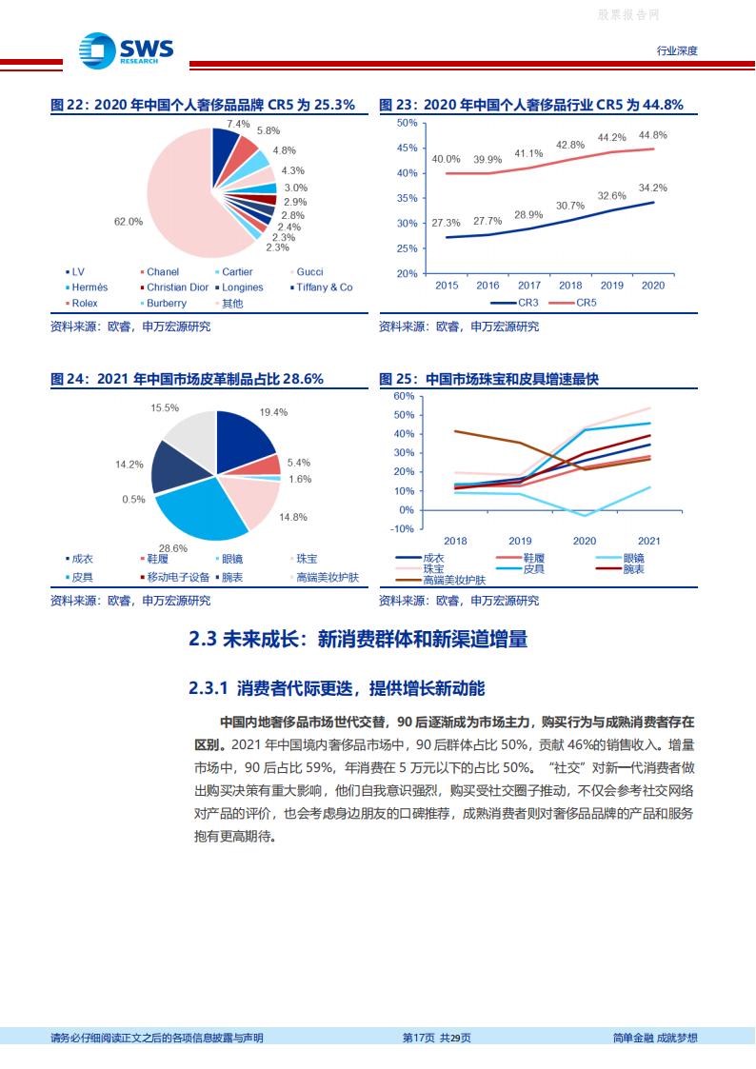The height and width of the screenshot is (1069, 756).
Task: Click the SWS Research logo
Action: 126,49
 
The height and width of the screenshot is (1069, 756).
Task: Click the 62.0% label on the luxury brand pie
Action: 128,221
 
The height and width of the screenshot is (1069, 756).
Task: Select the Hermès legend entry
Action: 90,287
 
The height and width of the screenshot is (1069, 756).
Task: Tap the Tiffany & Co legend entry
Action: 324,287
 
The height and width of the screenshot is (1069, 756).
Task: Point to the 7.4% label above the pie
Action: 238,124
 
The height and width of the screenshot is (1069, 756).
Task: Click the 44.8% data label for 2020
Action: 653,135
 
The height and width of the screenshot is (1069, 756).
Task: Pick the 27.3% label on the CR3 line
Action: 446,223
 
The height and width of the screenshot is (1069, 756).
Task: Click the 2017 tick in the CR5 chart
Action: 528,286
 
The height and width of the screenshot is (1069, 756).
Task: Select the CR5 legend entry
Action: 582,303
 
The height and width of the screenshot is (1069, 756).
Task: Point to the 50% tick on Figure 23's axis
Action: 408,123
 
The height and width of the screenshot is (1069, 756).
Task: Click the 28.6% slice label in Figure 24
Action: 172,549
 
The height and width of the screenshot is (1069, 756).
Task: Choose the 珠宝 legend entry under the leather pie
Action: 307,560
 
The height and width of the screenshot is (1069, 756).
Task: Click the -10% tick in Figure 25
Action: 403,529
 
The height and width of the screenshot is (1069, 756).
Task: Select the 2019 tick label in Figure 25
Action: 520,541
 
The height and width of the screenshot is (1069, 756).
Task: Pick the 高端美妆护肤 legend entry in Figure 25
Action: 453,580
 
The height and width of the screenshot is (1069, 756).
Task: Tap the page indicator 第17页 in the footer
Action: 419,1038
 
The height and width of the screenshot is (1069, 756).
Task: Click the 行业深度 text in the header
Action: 677,50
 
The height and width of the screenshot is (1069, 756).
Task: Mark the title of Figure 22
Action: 203,106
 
